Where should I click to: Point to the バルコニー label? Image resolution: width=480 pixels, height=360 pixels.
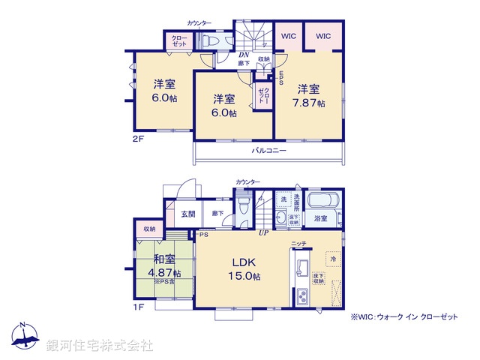pos(268,151)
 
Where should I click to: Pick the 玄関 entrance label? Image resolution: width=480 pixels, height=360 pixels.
pos(188,214)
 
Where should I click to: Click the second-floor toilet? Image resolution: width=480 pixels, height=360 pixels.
pos(211,41)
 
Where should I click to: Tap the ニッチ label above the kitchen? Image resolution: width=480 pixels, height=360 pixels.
pos(298,244)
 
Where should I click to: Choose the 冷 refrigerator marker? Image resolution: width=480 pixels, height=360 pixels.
pos(333,259)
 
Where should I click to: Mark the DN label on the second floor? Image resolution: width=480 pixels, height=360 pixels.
pos(244,54)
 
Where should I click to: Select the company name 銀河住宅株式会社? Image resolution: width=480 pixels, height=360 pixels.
pos(100,345)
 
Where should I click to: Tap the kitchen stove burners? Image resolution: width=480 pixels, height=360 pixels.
pos(301,295)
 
